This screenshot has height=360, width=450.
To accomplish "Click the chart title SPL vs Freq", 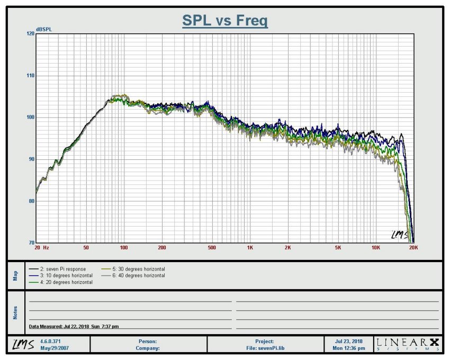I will click(225, 21).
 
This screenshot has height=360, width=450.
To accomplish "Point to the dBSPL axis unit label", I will click(43, 29).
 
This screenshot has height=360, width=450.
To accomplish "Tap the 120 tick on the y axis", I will click(30, 33).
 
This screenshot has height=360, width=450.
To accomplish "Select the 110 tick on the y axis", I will click(30, 76).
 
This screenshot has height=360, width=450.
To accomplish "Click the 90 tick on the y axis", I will click(30, 159).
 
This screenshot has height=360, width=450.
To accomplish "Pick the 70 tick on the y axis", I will click(30, 243).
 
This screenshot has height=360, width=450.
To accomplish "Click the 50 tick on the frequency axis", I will click(86, 248).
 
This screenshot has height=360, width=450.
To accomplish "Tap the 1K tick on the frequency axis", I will click(250, 248).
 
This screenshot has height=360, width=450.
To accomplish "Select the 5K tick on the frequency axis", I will click(338, 248).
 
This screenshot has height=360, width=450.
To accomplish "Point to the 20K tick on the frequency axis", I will click(413, 248).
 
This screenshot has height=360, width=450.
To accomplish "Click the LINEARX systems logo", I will click(408, 344).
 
